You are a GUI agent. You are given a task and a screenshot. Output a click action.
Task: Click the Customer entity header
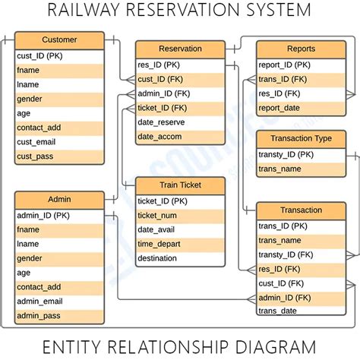[59, 40]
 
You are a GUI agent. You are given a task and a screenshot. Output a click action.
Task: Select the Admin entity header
[59, 200]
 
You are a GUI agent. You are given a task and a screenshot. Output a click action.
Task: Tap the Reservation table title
[180, 49]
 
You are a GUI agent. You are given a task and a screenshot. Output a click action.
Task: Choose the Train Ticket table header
[180, 186]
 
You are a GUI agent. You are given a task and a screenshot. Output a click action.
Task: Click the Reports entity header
[302, 49]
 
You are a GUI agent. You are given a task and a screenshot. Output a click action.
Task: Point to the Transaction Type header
[302, 139]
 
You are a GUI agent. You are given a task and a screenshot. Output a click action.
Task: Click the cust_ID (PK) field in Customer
[42, 55]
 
